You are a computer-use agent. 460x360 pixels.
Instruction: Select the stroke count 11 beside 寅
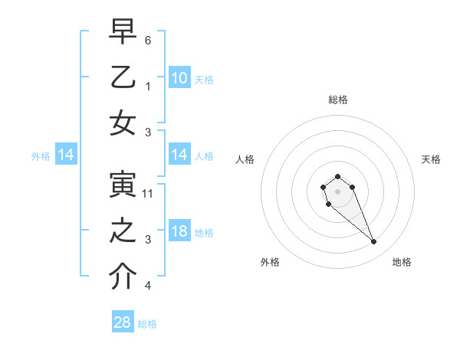(x=148, y=194)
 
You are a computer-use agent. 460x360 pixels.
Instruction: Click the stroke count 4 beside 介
(x=148, y=286)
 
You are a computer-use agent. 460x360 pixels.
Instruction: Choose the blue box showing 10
(x=179, y=78)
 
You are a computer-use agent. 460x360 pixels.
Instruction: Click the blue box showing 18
(x=179, y=232)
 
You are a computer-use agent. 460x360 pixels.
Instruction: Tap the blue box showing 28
(x=123, y=322)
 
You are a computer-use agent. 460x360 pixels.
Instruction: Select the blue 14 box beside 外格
(x=66, y=155)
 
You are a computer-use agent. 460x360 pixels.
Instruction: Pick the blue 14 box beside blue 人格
(x=179, y=155)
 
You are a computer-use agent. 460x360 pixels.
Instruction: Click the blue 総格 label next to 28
(x=147, y=324)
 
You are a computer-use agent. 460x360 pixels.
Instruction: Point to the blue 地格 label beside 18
(x=204, y=233)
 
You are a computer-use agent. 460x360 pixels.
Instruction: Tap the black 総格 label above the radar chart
(x=337, y=100)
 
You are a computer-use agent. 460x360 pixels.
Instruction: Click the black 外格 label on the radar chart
(x=270, y=262)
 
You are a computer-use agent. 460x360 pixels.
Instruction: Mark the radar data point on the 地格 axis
(x=374, y=242)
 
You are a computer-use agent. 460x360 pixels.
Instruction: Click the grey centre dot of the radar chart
(x=337, y=191)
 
